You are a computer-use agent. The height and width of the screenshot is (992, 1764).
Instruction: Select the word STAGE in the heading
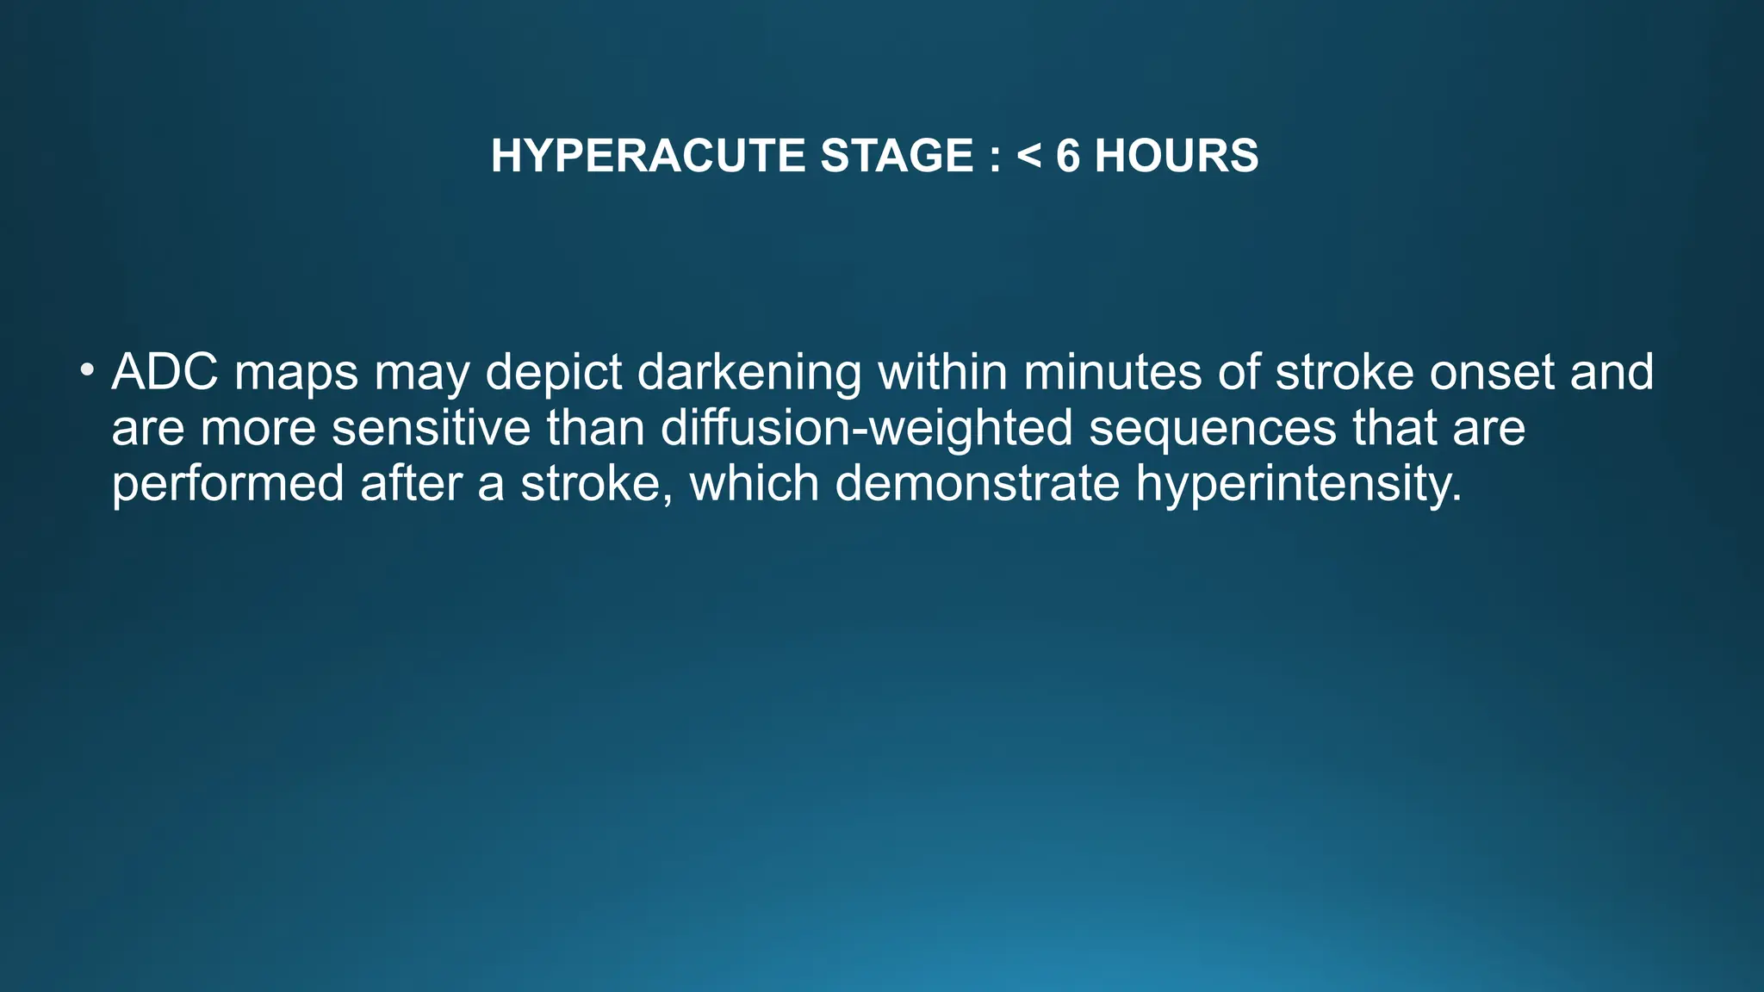pos(897,156)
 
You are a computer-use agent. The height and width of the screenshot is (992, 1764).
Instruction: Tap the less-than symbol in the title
pos(1028,156)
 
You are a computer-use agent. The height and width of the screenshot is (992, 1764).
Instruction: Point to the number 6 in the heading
pos(1067,156)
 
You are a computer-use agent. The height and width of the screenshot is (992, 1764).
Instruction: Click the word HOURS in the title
pos(1176,156)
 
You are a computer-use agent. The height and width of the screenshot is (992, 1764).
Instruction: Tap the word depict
pos(554,374)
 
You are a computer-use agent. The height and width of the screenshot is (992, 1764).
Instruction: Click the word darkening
pos(749,374)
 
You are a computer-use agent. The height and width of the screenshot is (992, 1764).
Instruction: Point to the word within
pos(942,372)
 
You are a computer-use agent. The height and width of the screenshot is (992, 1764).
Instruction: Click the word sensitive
pos(432,428)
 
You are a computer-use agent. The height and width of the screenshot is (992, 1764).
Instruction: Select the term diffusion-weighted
pos(866,428)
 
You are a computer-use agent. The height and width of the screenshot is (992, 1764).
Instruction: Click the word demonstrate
pos(978,484)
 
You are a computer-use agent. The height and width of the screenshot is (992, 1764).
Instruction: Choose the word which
pos(755,483)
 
